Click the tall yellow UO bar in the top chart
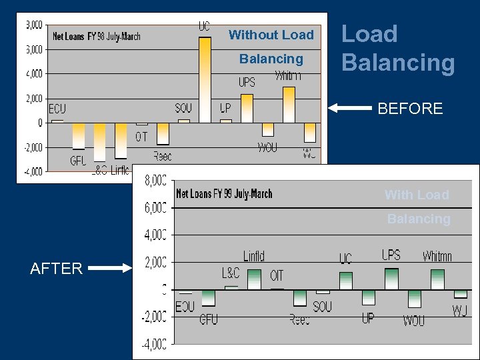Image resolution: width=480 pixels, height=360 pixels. tap(205, 80)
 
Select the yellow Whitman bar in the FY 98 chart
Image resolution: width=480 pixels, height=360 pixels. tap(289, 105)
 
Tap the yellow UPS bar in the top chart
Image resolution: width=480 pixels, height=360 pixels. tap(247, 108)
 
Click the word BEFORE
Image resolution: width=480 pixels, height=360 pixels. tap(410, 109)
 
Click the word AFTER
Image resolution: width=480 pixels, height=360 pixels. tap(56, 269)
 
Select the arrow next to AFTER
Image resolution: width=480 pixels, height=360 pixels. tap(110, 269)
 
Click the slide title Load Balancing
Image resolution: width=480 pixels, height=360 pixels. tap(398, 48)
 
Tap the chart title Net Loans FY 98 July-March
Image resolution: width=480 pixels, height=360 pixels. tap(97, 37)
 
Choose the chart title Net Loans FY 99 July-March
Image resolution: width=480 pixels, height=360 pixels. tap(224, 194)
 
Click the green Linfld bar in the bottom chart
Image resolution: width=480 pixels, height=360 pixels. tap(254, 279)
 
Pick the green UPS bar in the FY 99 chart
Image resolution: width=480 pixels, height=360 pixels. tap(391, 279)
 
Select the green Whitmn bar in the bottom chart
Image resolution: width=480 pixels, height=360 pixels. tap(437, 279)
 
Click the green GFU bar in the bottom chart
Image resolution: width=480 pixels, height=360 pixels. tap(208, 297)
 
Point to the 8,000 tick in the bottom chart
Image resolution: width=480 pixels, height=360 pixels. tap(157, 180)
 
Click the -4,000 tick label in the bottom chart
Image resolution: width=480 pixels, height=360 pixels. tap(154, 345)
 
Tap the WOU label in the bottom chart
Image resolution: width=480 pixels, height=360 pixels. tap(413, 321)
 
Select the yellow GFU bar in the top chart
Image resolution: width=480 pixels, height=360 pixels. tap(78, 136)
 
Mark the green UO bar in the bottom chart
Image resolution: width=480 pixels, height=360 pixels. tap(345, 281)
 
